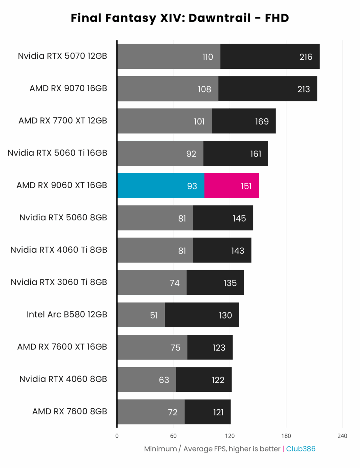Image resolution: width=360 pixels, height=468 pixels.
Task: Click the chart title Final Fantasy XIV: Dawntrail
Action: (180, 18)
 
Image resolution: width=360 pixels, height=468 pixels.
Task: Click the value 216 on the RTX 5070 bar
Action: (306, 57)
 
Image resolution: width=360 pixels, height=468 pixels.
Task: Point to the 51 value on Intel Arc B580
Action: (154, 315)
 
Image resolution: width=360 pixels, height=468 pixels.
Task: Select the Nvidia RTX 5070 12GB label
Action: (62, 56)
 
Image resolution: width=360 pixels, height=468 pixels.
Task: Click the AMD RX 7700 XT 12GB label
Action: (63, 121)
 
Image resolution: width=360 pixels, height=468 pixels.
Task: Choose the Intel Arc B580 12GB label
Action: (67, 314)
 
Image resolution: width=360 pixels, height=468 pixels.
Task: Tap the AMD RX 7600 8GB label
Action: (69, 411)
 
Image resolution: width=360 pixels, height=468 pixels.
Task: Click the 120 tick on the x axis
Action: (230, 436)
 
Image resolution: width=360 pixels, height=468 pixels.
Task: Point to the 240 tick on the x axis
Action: (342, 436)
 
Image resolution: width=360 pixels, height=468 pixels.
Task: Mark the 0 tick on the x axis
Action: (117, 436)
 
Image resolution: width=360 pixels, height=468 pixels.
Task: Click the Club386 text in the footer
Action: (301, 449)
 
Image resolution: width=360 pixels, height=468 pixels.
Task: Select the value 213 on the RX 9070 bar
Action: (303, 89)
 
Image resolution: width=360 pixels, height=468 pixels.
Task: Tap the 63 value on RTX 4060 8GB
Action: (164, 380)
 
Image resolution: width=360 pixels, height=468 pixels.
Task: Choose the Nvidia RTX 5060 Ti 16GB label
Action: (57, 153)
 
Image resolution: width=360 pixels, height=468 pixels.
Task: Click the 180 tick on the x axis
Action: (286, 436)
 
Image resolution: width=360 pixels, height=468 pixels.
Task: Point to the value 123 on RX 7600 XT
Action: (219, 348)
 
